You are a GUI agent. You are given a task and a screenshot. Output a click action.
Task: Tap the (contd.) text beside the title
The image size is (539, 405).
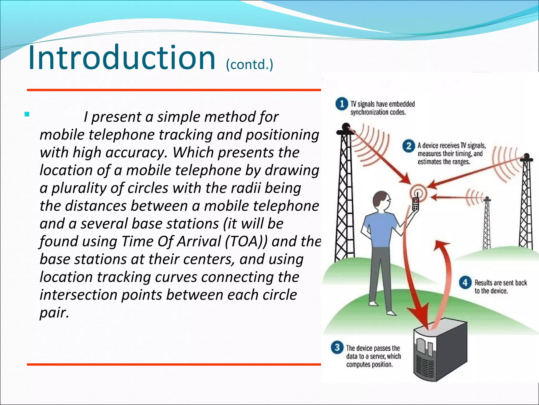click(249, 65)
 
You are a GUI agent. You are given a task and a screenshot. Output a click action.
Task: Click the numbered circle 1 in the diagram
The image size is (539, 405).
click(342, 104)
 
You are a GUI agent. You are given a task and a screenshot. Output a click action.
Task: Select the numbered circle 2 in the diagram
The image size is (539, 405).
click(408, 146)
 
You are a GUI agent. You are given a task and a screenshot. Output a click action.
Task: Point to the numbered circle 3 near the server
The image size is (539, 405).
click(337, 348)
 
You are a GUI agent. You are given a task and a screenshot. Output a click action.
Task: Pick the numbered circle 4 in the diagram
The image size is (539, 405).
click(465, 283)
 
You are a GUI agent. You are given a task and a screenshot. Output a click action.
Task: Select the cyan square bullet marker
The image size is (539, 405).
click(27, 114)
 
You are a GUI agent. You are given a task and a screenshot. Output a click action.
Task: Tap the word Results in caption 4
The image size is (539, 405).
click(483, 283)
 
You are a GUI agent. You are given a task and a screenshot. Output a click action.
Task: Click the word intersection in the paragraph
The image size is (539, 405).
click(78, 295)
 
